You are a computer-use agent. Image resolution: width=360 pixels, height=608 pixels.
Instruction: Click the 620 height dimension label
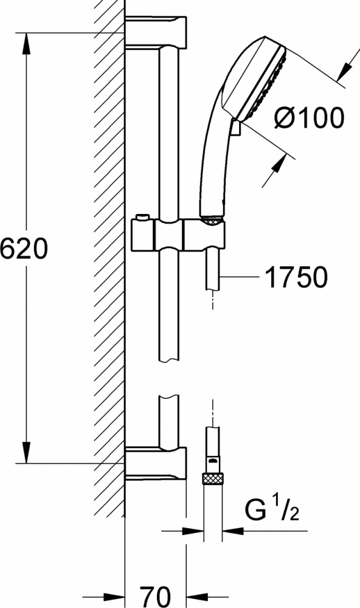(x=24, y=248)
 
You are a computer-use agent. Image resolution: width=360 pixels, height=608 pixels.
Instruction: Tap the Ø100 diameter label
(x=308, y=117)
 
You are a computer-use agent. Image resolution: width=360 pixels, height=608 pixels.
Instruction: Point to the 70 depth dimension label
(x=155, y=597)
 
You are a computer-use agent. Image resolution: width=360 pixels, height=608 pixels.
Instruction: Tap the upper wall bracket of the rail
(x=156, y=31)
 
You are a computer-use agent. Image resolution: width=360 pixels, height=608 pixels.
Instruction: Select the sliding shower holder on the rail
(x=178, y=234)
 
